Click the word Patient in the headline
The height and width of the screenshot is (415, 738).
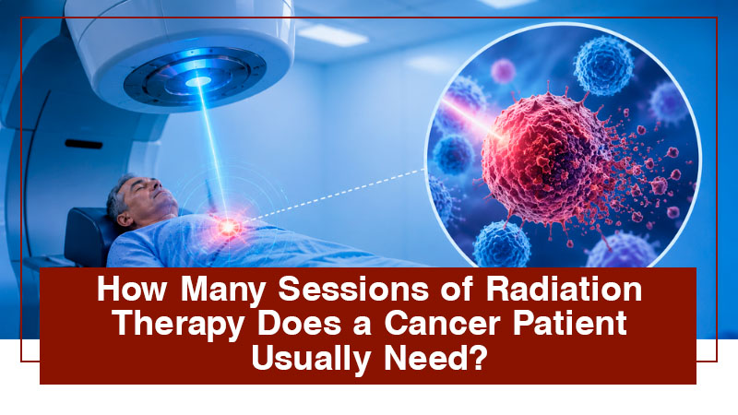[x=570, y=323]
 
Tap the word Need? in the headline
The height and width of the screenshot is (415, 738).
[x=435, y=358]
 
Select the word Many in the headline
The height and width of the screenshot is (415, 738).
[x=222, y=290]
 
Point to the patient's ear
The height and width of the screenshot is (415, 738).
[x=125, y=218]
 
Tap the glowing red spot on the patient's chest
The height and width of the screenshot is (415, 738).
[x=228, y=227]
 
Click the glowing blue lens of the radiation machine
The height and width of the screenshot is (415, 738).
[x=198, y=82]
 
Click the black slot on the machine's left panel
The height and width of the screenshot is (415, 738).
[x=84, y=144]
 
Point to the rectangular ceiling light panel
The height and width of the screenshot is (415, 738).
[x=332, y=35]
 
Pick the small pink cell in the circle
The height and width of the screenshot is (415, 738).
[x=503, y=71]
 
